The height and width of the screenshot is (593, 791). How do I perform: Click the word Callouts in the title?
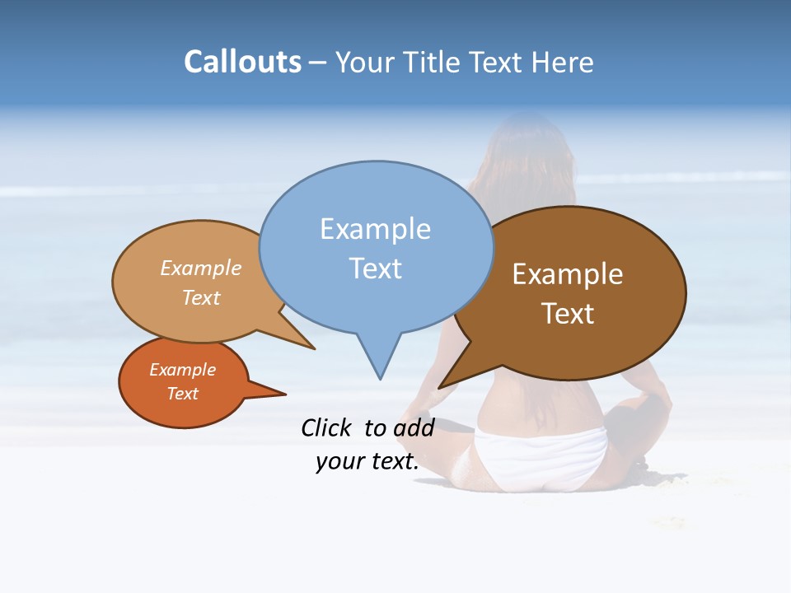coord(242,62)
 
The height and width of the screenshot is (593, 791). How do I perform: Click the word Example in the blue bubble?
coord(375,229)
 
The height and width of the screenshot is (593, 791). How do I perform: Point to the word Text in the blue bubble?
coord(375,268)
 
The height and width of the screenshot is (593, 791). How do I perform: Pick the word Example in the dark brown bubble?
coord(568,274)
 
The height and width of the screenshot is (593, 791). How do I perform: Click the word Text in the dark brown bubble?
coord(568,314)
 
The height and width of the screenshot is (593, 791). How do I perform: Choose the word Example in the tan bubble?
coord(201,268)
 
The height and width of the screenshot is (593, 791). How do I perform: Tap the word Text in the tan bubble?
coord(201,297)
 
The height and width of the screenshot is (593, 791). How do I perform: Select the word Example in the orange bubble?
coord(182,370)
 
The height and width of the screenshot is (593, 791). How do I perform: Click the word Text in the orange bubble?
coord(182,394)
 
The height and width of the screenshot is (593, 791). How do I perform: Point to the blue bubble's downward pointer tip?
coord(380,378)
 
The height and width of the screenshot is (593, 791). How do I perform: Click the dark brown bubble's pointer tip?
coord(440,387)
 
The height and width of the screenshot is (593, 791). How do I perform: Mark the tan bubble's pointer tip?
coord(314,348)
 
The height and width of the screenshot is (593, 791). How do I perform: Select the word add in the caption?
coord(414,427)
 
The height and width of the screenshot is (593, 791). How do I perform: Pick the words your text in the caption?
coord(367,461)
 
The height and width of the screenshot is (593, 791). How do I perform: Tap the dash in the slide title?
coord(318,63)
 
